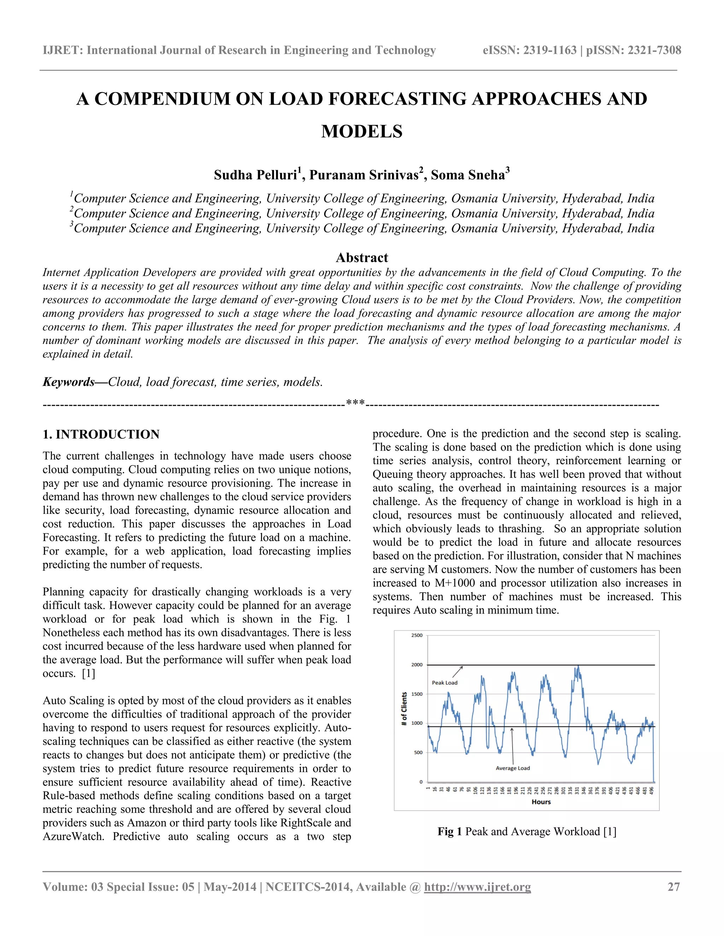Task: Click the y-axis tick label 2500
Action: coord(416,635)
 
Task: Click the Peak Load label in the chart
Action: coord(444,683)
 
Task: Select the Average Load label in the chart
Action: coord(513,768)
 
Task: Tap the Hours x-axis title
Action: coord(541,802)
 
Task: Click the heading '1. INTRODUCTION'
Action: coord(101,434)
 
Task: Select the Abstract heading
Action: coord(362,257)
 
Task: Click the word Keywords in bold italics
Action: coord(69,382)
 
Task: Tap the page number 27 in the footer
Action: coord(673,887)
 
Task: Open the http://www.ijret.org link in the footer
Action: coord(477,887)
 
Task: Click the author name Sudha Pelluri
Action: coord(256,175)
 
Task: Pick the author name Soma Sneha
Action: coord(468,175)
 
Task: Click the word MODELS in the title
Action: coord(362,131)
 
